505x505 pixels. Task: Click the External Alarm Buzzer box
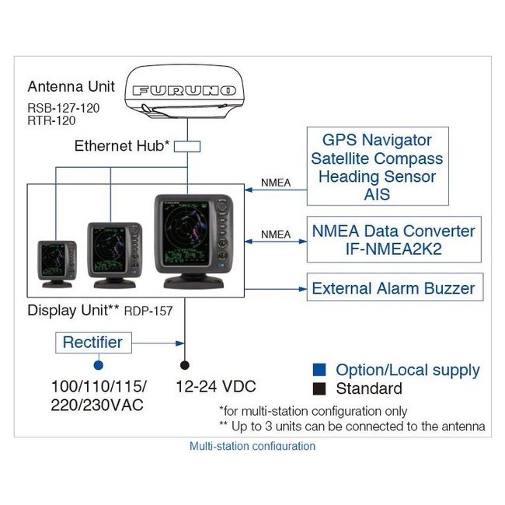coord(393,288)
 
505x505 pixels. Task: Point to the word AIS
coord(377,195)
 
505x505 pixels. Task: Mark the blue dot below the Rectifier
coord(97,364)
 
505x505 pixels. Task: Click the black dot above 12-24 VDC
coord(185,364)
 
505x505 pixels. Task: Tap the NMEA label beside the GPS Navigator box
coord(276,183)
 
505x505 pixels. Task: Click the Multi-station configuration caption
coord(252,447)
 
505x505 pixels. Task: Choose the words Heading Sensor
coord(377,177)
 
